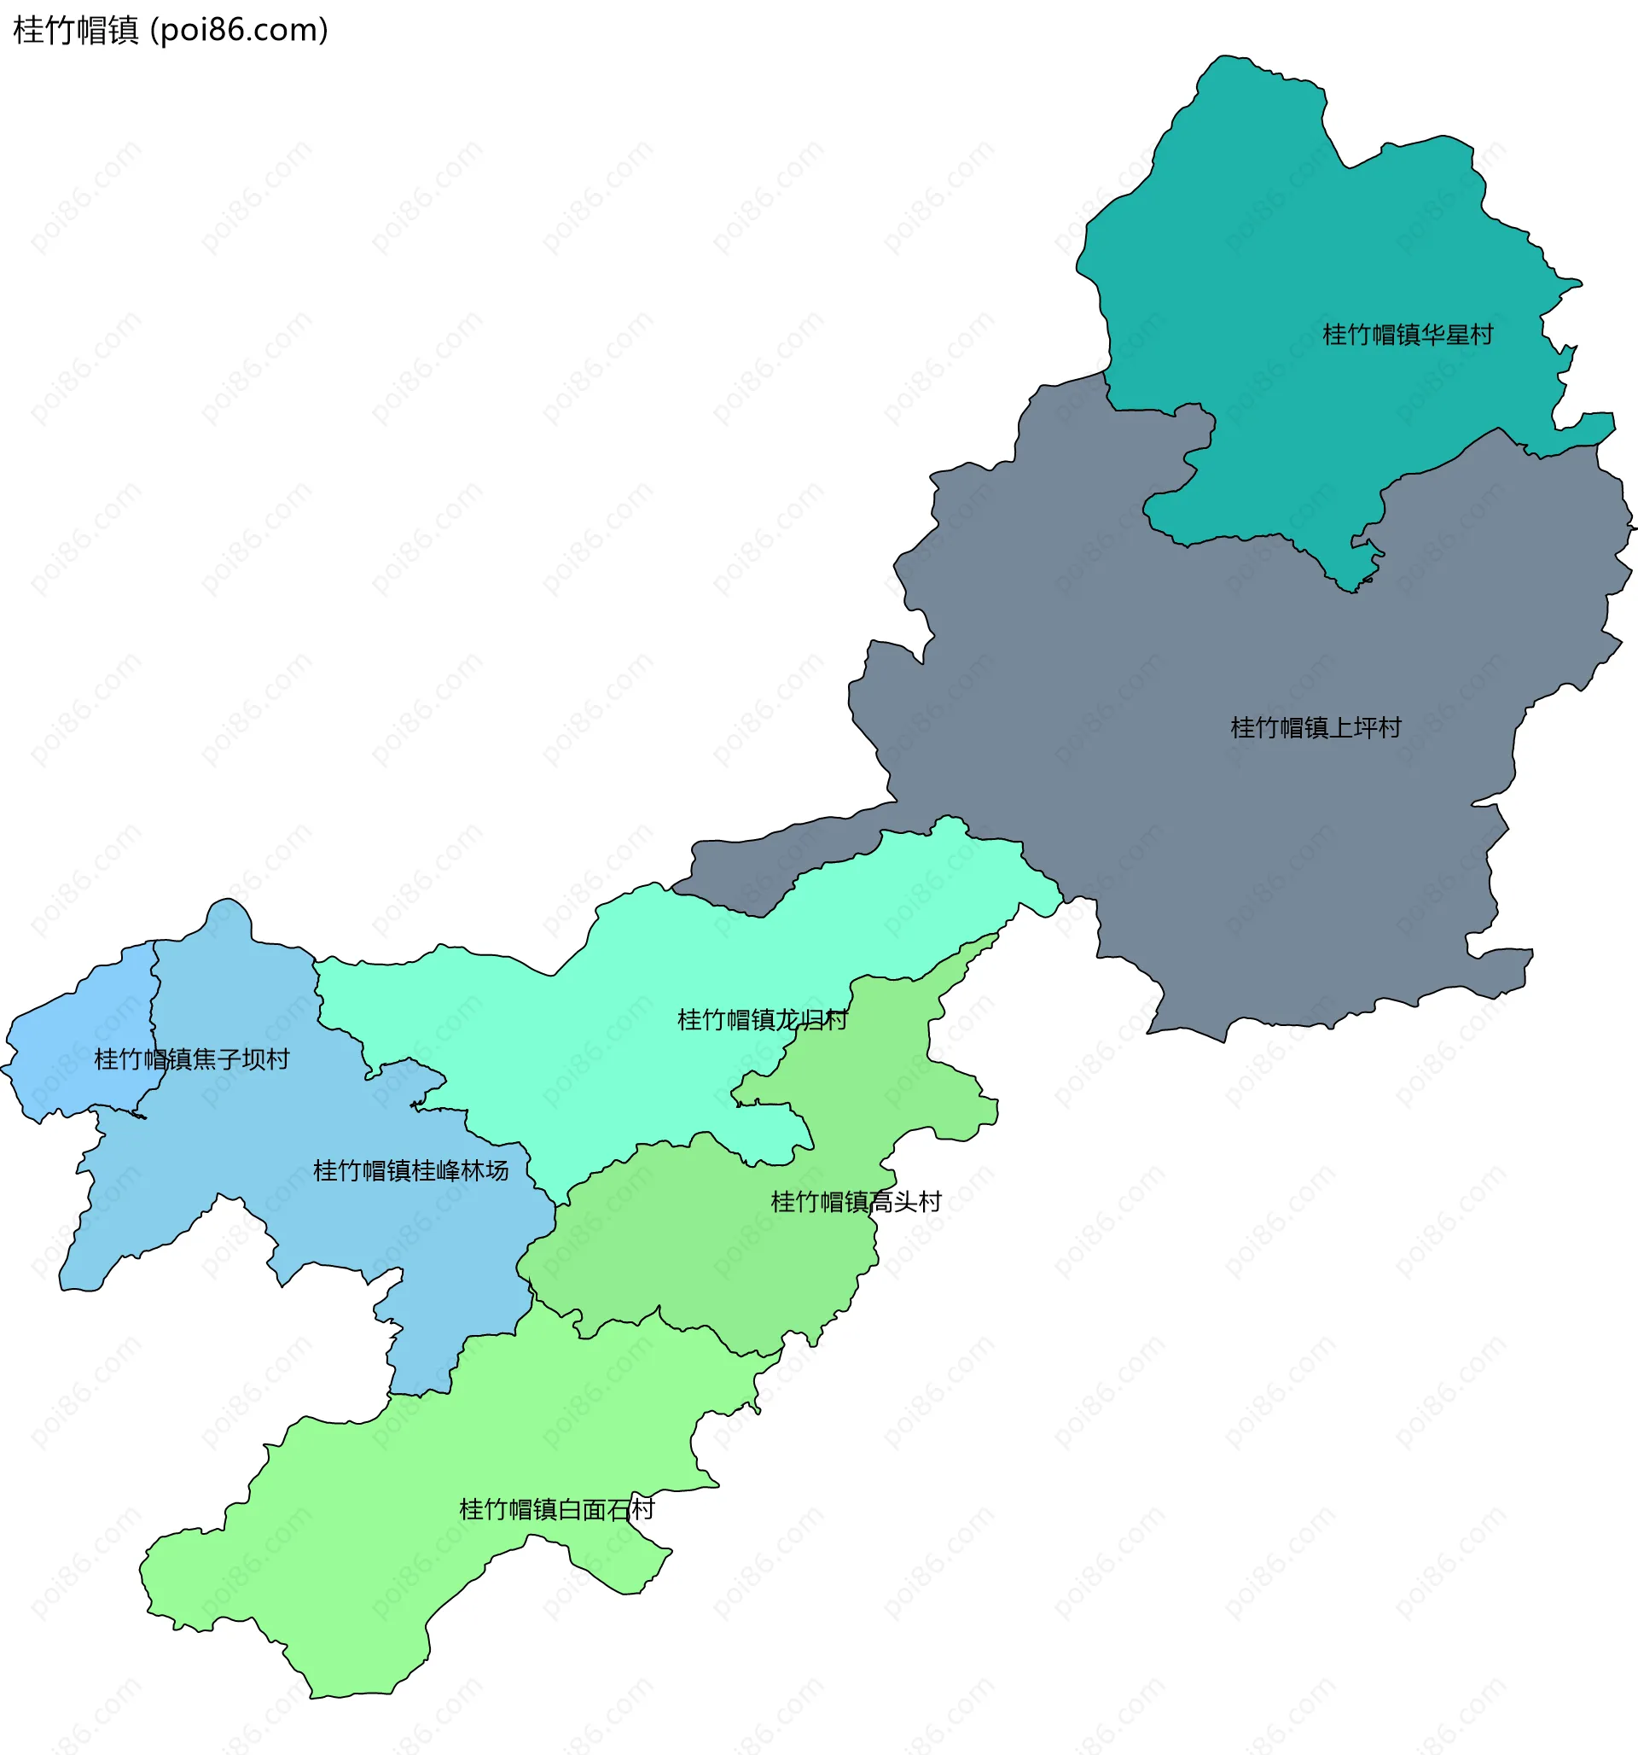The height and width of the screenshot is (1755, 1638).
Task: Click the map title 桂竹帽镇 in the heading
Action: point(76,31)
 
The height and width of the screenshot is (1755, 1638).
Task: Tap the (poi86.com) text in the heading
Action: point(239,31)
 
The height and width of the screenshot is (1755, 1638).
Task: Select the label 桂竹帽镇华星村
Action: point(1408,335)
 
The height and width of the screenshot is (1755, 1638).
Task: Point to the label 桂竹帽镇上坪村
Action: point(1316,728)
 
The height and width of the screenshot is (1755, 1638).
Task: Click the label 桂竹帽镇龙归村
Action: point(763,1021)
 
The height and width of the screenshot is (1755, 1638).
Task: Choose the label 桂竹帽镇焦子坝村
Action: point(191,1059)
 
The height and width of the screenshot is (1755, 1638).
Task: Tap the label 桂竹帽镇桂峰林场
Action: point(410,1171)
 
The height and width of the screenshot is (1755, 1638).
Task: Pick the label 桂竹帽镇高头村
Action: point(856,1203)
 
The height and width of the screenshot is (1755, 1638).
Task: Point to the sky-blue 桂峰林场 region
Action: point(264,1147)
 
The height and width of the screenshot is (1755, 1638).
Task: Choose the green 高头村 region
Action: point(706,1254)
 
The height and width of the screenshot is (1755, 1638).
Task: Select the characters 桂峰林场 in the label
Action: point(460,1171)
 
